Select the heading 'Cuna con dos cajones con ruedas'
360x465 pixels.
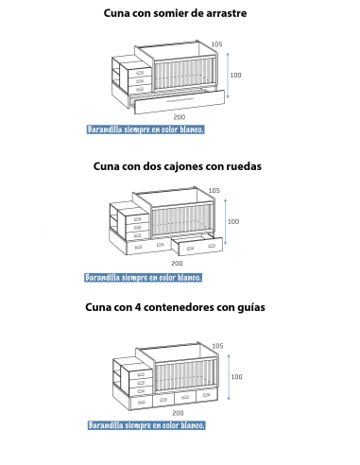178,165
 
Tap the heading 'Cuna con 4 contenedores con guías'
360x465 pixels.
177,307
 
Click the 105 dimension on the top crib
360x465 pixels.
216,44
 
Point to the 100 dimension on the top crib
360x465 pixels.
235,75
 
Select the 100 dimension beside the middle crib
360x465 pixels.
233,222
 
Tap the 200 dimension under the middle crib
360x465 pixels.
177,264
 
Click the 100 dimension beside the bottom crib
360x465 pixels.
236,377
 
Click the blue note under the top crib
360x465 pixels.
145,129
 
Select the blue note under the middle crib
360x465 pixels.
144,278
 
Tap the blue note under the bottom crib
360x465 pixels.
146,425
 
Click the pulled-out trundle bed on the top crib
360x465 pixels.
180,98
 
